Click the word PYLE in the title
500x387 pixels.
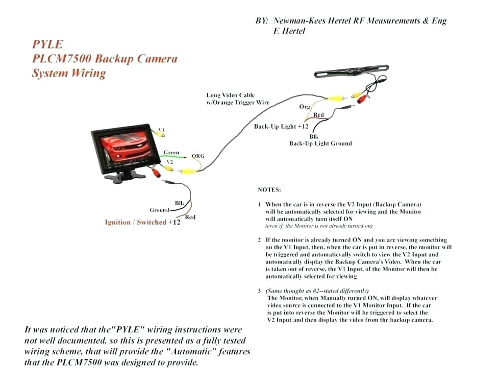47,44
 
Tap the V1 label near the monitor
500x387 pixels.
161,129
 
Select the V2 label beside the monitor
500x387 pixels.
170,162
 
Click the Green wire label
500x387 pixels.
171,152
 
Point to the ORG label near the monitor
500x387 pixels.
198,156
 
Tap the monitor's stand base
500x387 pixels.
123,177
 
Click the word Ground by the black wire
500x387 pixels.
159,210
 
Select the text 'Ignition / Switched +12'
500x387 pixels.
142,223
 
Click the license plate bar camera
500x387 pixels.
352,72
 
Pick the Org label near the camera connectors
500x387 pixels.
305,107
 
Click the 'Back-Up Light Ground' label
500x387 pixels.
320,143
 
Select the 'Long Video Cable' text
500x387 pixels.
230,95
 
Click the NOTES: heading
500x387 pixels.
269,189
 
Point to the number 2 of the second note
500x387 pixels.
259,239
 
